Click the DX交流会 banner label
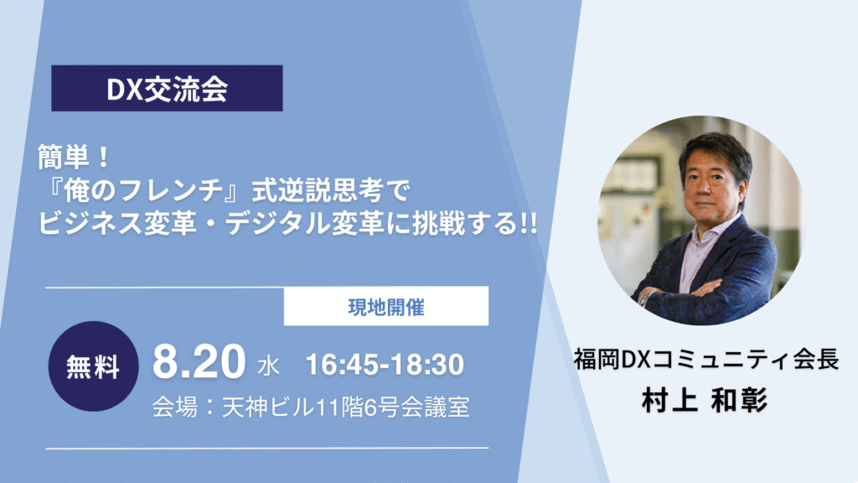[x=167, y=88]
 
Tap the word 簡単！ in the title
[x=75, y=158]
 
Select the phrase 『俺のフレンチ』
[x=143, y=191]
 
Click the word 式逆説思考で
[x=330, y=191]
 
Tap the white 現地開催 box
[x=385, y=306]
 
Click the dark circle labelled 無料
[x=93, y=366]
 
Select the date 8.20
[x=199, y=362]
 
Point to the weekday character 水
[x=269, y=366]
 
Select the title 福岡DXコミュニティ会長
[x=706, y=360]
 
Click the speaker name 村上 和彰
[x=705, y=400]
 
